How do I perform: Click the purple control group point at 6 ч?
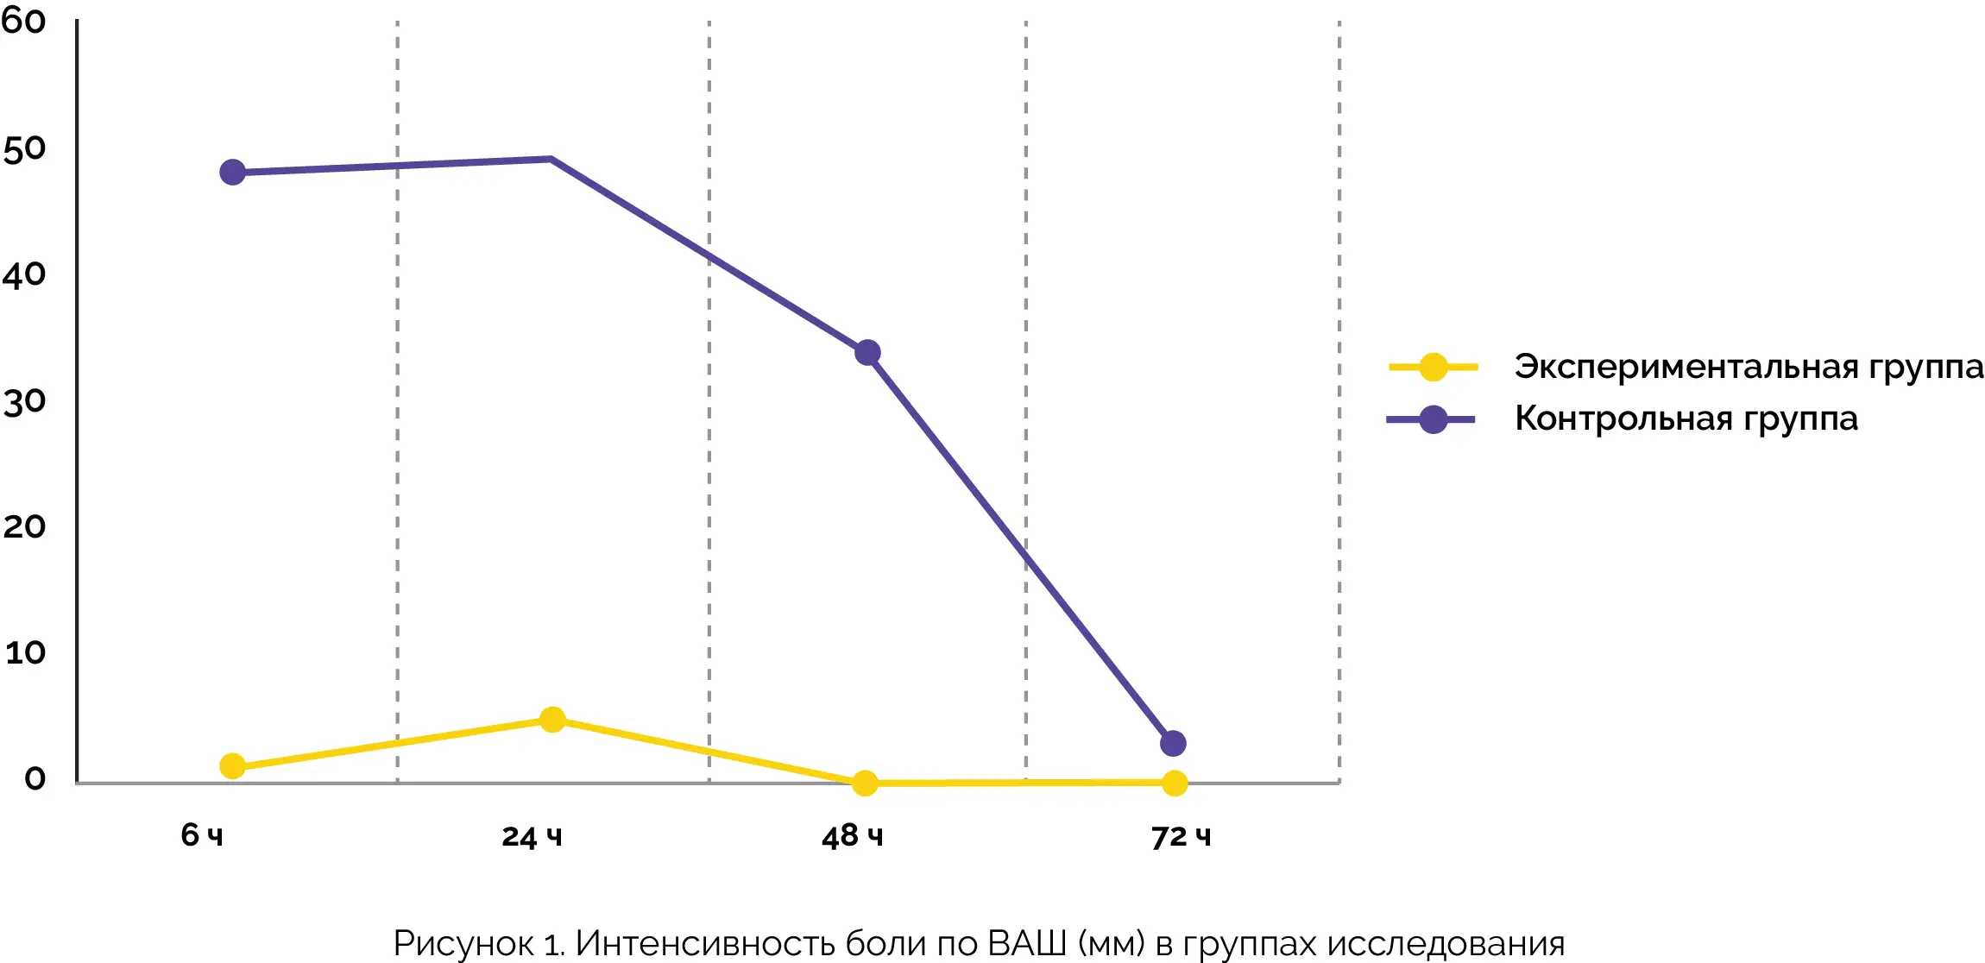click(x=232, y=173)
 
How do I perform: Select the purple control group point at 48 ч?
click(x=867, y=352)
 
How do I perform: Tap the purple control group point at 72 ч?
click(x=1173, y=743)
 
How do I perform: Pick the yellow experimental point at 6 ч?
click(x=232, y=766)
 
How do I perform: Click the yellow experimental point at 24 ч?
click(x=552, y=720)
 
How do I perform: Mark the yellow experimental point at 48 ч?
click(x=865, y=784)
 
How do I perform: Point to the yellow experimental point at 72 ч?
click(x=1175, y=784)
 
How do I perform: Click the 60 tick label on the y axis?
click(x=23, y=22)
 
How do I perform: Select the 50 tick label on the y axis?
click(x=24, y=149)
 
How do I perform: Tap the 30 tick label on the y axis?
click(x=24, y=402)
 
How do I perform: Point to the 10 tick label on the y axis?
click(x=25, y=652)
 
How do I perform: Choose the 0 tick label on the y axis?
click(x=35, y=778)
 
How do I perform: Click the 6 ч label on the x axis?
click(x=202, y=835)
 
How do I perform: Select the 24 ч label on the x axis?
click(x=532, y=836)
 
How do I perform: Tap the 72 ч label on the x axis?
click(x=1181, y=836)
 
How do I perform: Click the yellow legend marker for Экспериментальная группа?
click(x=1434, y=368)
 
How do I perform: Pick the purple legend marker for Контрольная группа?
click(x=1434, y=420)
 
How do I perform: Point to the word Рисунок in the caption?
click(x=463, y=943)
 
